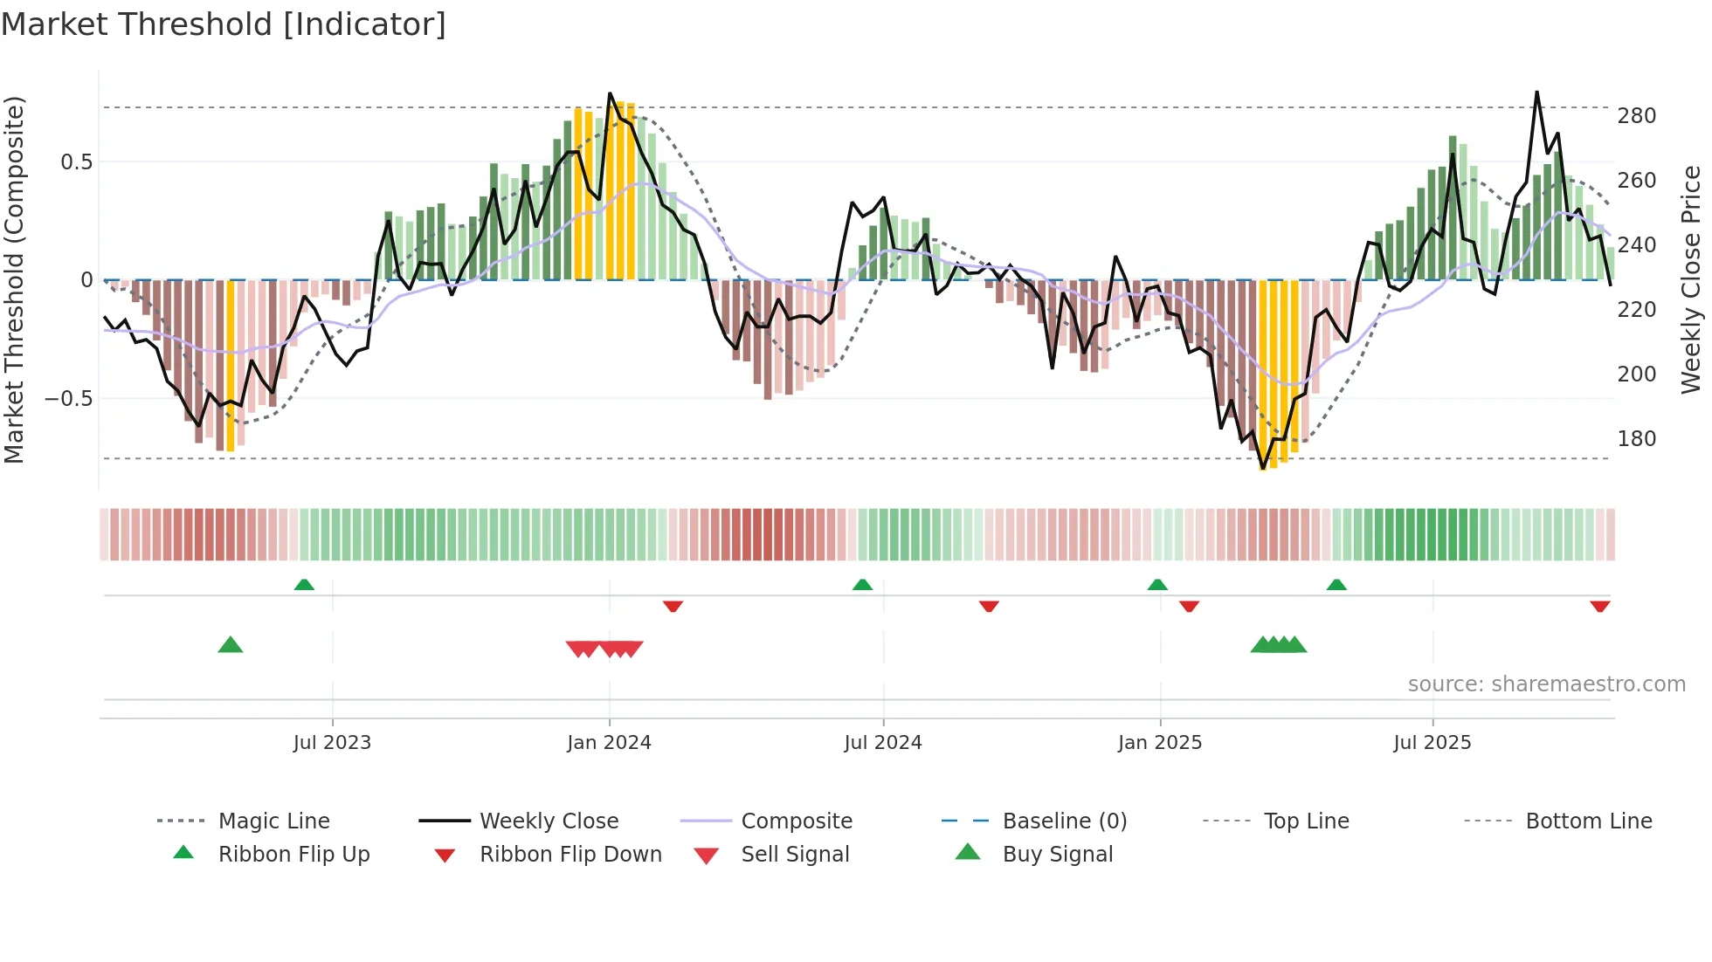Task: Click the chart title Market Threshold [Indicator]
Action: coord(224,24)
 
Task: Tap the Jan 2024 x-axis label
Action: coord(609,743)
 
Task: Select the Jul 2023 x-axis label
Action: coord(332,743)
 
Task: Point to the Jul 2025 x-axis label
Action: coord(1432,743)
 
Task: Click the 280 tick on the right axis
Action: coord(1636,116)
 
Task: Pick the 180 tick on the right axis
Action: coord(1636,439)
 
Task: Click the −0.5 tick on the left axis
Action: coord(69,399)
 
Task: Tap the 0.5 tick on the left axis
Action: coord(77,162)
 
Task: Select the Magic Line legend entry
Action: coord(273,821)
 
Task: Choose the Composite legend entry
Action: coord(796,821)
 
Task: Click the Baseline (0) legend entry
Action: coord(1064,821)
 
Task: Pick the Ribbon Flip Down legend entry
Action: coord(570,855)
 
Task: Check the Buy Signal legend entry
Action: coord(1057,855)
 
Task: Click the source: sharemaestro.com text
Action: coord(1546,684)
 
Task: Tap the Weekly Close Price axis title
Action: coord(1691,279)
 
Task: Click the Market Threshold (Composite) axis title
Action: coord(14,279)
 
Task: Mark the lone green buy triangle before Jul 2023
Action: coord(231,645)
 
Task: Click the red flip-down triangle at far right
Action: coord(1599,606)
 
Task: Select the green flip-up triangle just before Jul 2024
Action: coord(862,584)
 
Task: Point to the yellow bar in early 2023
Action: coord(231,367)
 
